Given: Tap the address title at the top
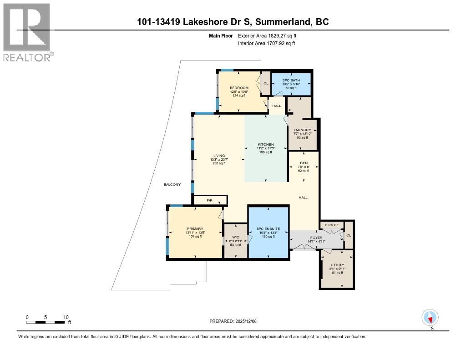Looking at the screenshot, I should (233, 22).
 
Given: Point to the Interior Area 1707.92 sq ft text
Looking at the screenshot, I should (266, 43).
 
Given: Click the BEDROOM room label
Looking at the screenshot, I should (239, 88).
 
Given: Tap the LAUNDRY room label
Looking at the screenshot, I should (302, 130).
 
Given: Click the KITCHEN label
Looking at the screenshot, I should (265, 145).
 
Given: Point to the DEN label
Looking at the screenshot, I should (304, 163).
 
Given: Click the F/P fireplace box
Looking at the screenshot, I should (210, 200).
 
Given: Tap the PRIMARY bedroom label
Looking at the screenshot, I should (195, 228).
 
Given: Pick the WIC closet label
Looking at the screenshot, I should (235, 237).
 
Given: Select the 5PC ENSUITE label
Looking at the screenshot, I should (268, 228).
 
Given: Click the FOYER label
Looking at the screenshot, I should (316, 238).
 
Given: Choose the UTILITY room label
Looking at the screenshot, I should (337, 265).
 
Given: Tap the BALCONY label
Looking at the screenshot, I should (172, 184).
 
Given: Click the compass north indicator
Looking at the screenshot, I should (430, 317).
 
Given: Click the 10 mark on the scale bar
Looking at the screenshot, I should (66, 317).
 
